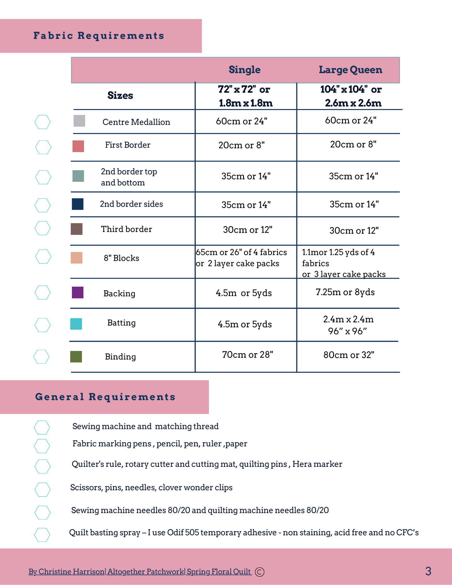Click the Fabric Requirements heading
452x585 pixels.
click(x=99, y=36)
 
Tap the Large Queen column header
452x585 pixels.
click(x=350, y=70)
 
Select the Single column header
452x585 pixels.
click(x=244, y=70)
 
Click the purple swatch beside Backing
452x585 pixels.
click(x=78, y=293)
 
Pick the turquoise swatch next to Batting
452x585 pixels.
click(x=76, y=324)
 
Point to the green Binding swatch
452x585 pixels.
click(x=76, y=357)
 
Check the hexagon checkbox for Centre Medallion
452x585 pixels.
click(x=43, y=122)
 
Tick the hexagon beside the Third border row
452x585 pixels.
click(x=43, y=228)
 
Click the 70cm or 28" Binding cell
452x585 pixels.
click(x=247, y=355)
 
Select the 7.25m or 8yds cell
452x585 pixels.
click(x=345, y=292)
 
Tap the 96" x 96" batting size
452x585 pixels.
click(x=347, y=331)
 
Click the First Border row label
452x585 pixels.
click(x=128, y=145)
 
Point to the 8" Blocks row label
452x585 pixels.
click(x=121, y=258)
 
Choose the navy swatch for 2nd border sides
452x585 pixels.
click(x=78, y=204)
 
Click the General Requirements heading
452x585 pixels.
click(x=105, y=397)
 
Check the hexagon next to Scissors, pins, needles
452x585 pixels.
click(x=43, y=490)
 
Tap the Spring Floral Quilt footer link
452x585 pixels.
click(x=219, y=572)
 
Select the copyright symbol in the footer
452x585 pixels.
click(x=260, y=572)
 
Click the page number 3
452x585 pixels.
click(x=428, y=571)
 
